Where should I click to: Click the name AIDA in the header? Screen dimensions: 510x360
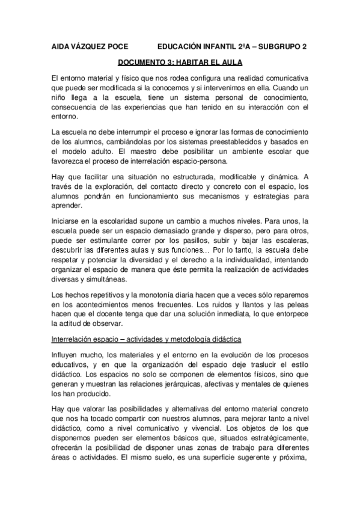coord(61,46)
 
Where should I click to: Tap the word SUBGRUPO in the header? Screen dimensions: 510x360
coord(277,46)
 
